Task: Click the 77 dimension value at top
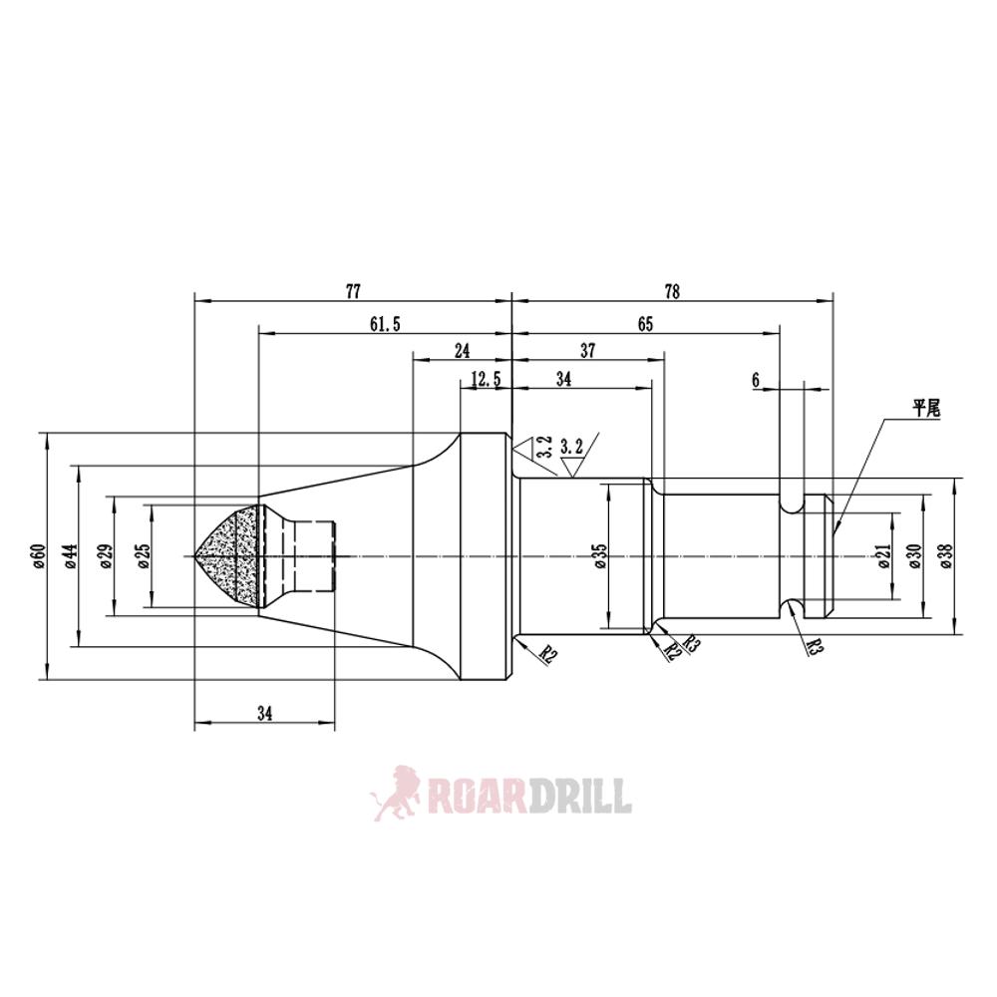coord(353,291)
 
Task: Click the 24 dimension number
coord(462,351)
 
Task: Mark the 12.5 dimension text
coord(485,379)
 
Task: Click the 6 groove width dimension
coord(757,380)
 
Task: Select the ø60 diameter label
coord(38,555)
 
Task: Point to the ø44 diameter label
coord(69,555)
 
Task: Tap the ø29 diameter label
coord(106,555)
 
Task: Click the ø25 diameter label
coord(144,555)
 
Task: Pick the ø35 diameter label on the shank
coord(598,555)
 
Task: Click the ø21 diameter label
coord(885,555)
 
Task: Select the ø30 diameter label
coord(914,555)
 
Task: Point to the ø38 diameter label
coord(945,555)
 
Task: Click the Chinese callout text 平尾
coord(926,408)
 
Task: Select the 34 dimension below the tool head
coord(264,713)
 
